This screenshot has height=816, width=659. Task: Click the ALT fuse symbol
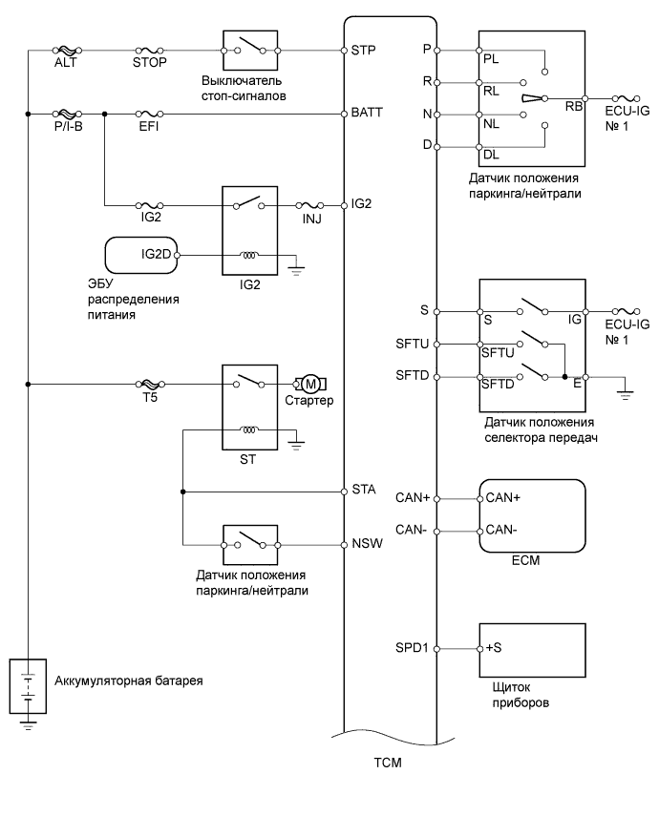pyautogui.click(x=68, y=51)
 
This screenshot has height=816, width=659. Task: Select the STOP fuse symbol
pyautogui.click(x=150, y=51)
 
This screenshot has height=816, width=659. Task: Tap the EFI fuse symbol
pyautogui.click(x=150, y=114)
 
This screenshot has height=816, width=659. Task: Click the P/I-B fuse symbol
pyautogui.click(x=68, y=114)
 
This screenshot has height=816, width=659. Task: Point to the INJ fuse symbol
pyautogui.click(x=310, y=206)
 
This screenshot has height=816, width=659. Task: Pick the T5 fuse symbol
pyautogui.click(x=150, y=384)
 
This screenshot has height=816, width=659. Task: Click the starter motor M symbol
pyautogui.click(x=310, y=384)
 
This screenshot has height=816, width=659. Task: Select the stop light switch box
pyautogui.click(x=250, y=51)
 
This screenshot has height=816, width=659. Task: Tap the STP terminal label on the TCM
pyautogui.click(x=363, y=50)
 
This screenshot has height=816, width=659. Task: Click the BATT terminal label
pyautogui.click(x=367, y=112)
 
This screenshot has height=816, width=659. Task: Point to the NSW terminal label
pyautogui.click(x=368, y=543)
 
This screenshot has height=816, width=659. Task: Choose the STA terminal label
pyautogui.click(x=364, y=490)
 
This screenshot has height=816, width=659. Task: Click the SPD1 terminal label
pyautogui.click(x=412, y=648)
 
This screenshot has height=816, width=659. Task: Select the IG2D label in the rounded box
pyautogui.click(x=156, y=254)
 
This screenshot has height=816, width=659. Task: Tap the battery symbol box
pyautogui.click(x=28, y=686)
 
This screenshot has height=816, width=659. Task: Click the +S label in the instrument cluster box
pyautogui.click(x=494, y=648)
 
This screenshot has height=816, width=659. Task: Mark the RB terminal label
pyautogui.click(x=574, y=106)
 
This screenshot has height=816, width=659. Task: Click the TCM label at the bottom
pyautogui.click(x=388, y=763)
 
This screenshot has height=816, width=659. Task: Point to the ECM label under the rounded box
pyautogui.click(x=525, y=560)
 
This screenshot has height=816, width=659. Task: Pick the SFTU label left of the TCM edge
pyautogui.click(x=412, y=344)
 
